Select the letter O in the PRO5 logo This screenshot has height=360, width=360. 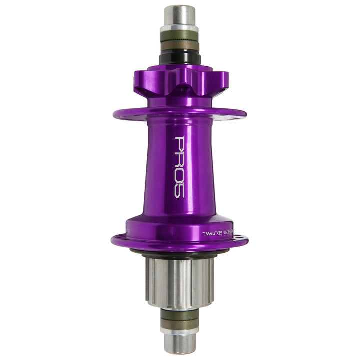click(179, 176)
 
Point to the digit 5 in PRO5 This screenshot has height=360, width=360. click(179, 191)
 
